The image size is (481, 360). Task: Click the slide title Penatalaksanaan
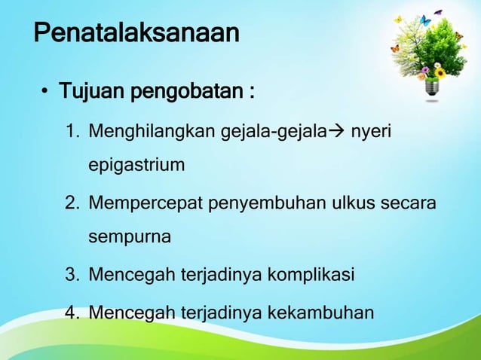click(x=136, y=34)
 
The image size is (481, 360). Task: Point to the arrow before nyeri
click(x=340, y=133)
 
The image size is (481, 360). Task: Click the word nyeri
click(x=374, y=133)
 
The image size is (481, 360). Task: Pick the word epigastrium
click(x=136, y=164)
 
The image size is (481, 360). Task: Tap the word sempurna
click(x=130, y=237)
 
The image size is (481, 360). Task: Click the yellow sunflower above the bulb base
click(x=440, y=73)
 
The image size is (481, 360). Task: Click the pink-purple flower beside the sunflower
click(x=427, y=72)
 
